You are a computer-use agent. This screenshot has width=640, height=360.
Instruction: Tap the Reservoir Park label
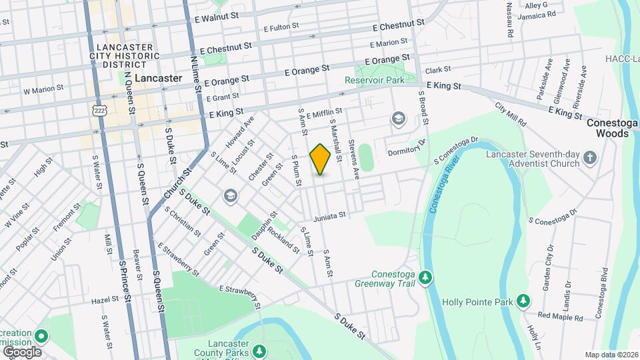click(375, 80)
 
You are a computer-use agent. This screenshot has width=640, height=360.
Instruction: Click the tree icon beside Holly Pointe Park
click(523, 301)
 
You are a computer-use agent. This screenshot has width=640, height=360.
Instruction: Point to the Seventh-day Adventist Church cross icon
click(589, 158)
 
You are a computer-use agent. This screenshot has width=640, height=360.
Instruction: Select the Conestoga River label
click(443, 187)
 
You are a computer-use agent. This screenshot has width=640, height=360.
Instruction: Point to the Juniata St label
click(329, 215)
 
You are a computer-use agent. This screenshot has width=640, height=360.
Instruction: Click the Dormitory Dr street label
click(407, 141)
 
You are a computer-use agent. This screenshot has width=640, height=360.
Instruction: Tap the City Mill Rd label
click(511, 115)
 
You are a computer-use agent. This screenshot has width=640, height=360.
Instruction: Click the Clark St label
click(438, 69)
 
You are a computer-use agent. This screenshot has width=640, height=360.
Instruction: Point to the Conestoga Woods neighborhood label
click(607, 128)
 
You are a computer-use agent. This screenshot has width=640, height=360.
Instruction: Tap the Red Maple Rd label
click(560, 316)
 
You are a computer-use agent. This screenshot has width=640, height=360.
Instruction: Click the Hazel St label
click(105, 301)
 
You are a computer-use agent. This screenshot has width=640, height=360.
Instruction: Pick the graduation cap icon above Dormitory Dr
click(399, 119)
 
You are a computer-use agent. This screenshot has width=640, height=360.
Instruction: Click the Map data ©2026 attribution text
click(611, 355)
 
